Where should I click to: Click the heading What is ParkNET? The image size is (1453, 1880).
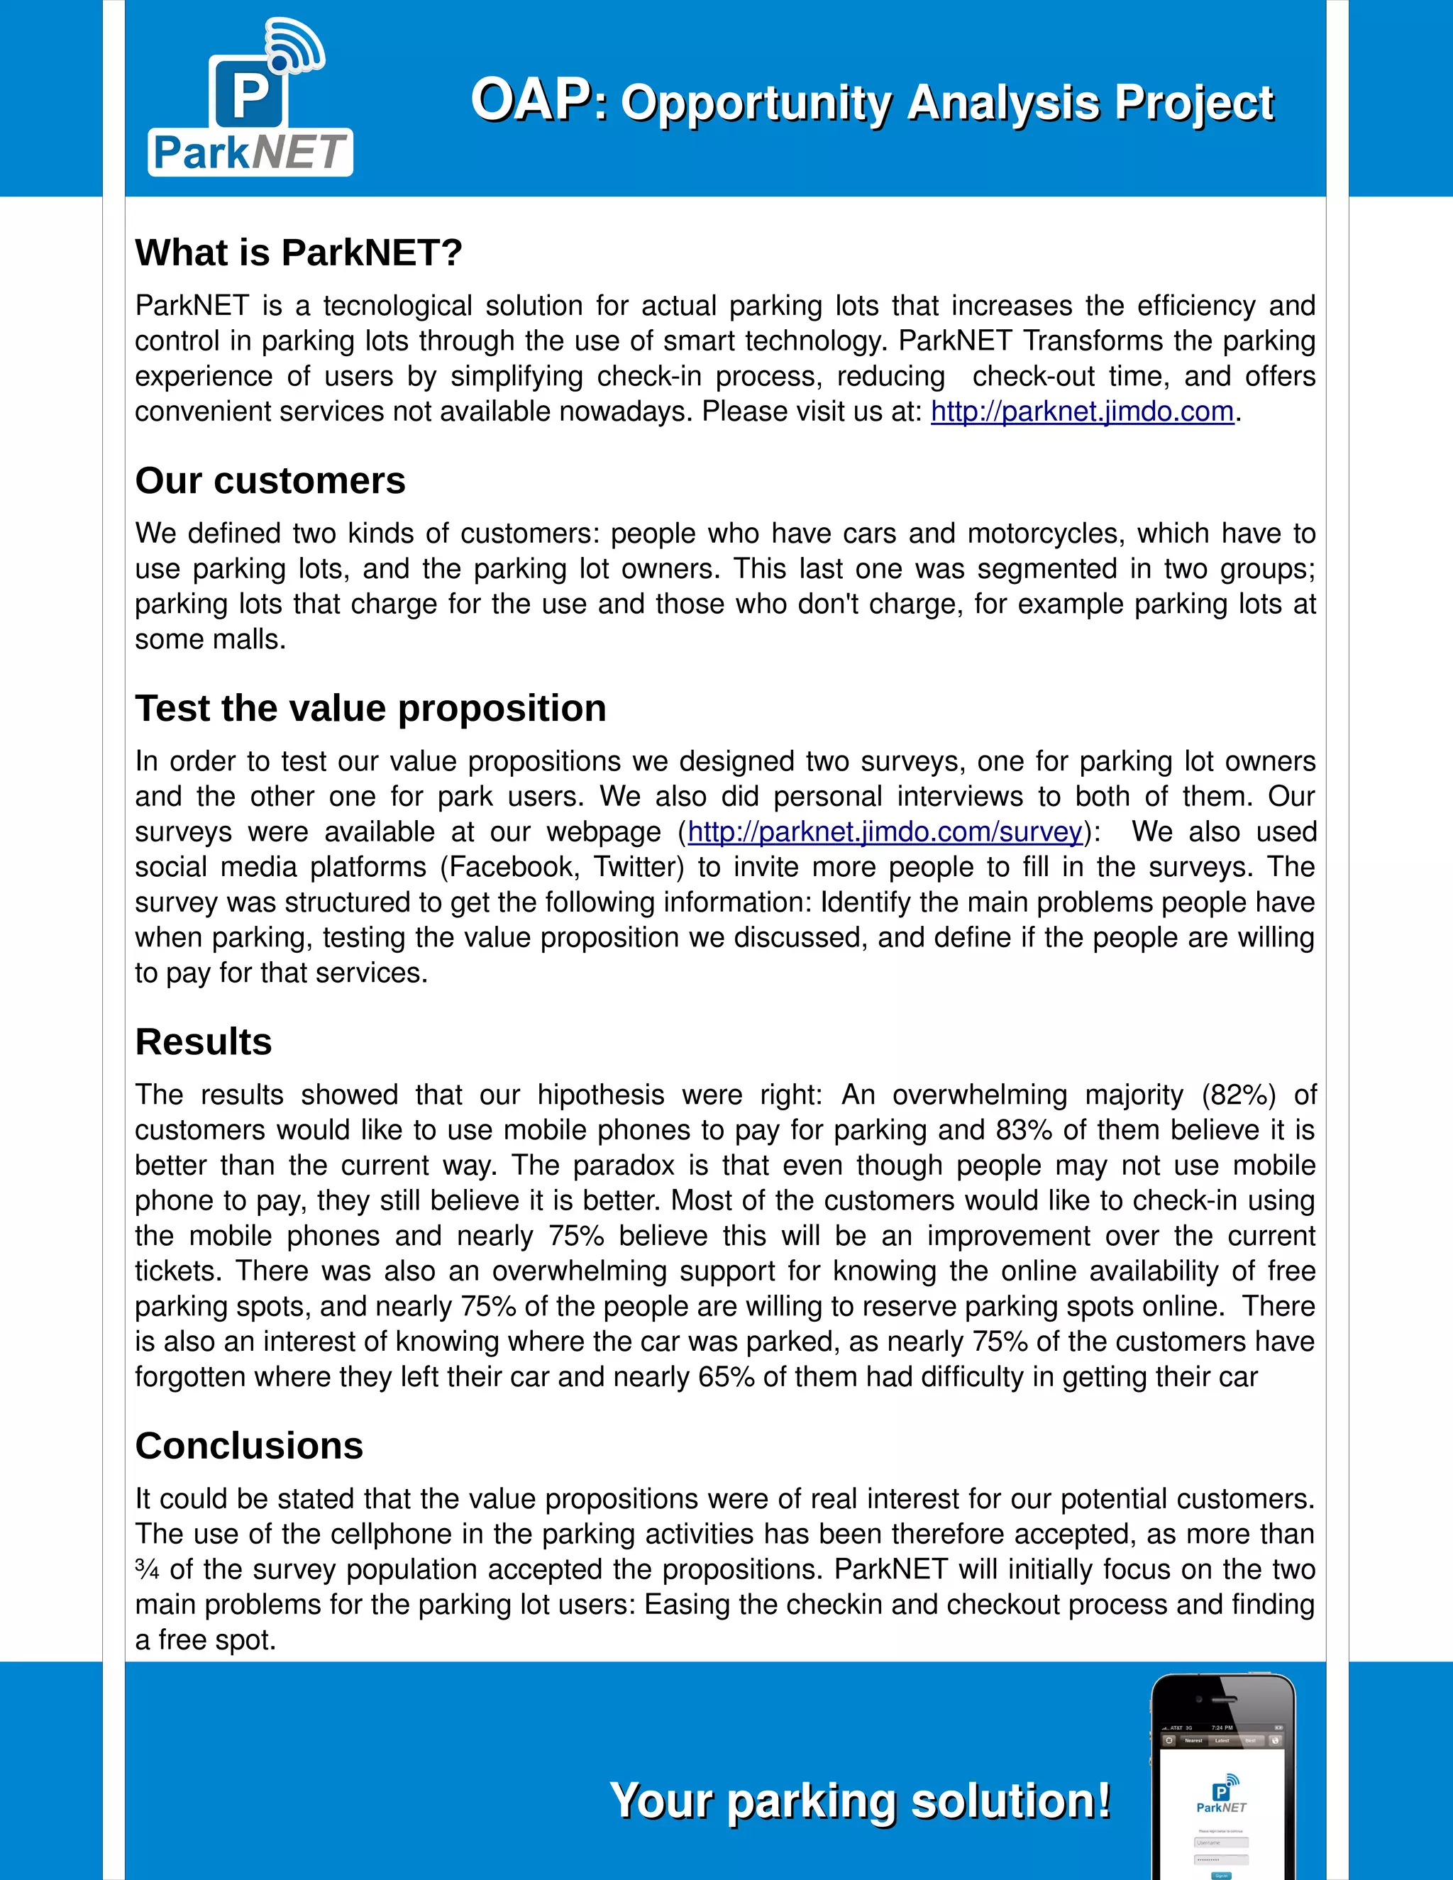click(x=299, y=253)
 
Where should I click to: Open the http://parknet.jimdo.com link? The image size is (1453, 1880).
click(x=1082, y=411)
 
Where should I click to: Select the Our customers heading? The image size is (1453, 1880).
click(x=270, y=480)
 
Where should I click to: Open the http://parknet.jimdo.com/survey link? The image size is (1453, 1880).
click(x=884, y=832)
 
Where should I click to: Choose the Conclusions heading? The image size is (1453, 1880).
click(x=250, y=1446)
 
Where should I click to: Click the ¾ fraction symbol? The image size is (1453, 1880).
click(x=147, y=1570)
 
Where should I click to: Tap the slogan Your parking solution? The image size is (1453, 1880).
click(x=860, y=1800)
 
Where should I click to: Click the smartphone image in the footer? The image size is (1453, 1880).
click(x=1222, y=1778)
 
